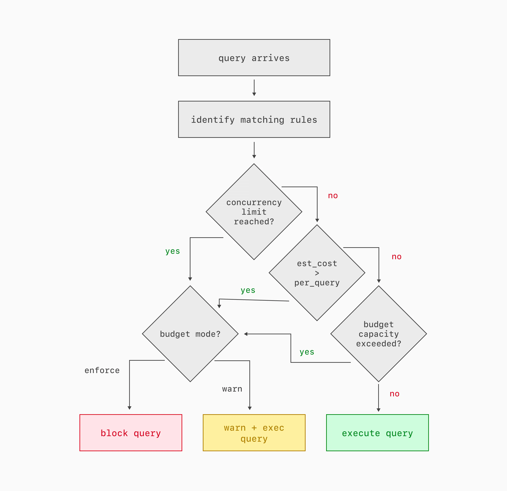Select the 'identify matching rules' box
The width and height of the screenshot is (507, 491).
[x=254, y=119]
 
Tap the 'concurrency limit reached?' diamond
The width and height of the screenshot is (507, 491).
[x=254, y=212]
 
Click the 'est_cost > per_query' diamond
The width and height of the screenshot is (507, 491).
[x=317, y=273]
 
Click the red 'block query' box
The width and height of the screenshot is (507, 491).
[x=131, y=433]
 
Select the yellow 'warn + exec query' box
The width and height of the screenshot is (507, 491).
[x=254, y=433]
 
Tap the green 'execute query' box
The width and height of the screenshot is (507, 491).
[x=377, y=433]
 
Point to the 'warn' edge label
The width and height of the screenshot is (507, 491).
[x=232, y=389]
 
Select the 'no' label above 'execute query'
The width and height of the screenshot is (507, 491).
[x=394, y=394]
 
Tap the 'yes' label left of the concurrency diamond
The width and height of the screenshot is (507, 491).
[x=172, y=251]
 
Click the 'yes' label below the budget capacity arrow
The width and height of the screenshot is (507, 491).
[x=307, y=352]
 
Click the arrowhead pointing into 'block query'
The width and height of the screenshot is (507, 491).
[x=129, y=408]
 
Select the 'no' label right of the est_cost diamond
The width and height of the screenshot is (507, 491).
[x=397, y=257]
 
